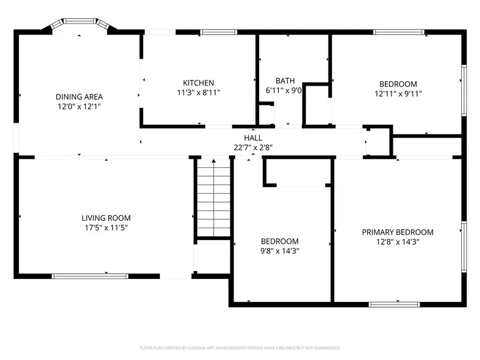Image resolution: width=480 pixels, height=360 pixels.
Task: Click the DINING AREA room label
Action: click(79, 97)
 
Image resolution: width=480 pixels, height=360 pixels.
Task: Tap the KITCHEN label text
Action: click(198, 83)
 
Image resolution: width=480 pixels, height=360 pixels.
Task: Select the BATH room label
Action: click(285, 81)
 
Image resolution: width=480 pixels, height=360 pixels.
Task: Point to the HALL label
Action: click(253, 138)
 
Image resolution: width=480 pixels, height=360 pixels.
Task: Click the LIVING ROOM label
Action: click(106, 218)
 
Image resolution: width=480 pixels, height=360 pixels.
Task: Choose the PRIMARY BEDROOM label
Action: click(397, 232)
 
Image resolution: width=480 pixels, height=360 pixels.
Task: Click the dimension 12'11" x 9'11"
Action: click(398, 93)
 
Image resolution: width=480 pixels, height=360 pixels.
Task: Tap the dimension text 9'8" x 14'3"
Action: click(279, 251)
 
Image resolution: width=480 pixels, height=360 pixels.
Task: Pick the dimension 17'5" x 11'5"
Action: click(106, 228)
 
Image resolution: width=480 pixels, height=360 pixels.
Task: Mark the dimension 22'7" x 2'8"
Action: click(253, 147)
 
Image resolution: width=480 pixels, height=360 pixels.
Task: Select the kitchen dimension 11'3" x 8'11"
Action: click(198, 92)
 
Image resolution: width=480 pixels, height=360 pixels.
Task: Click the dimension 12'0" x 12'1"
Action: click(79, 107)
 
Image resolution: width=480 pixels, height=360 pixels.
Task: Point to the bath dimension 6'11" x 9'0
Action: click(284, 91)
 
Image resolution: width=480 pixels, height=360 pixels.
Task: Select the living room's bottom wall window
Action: click(90, 276)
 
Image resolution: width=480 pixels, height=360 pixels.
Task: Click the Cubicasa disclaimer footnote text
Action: click(240, 348)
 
